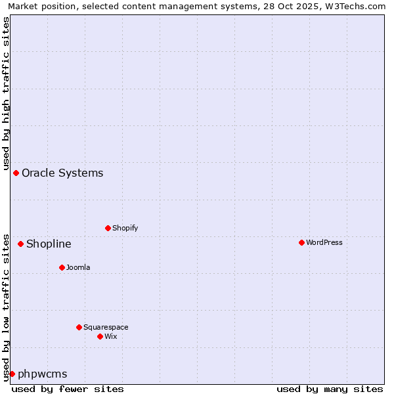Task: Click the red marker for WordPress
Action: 301,242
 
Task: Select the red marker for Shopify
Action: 108,228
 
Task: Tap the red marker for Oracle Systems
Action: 16,173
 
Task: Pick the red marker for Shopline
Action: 20,244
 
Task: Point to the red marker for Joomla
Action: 62,267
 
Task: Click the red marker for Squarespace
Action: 79,327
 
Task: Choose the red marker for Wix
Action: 100,336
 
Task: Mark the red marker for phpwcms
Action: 12,374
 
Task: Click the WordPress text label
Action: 324,242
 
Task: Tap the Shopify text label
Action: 125,228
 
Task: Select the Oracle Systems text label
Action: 62,173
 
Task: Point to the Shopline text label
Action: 49,244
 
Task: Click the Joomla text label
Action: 78,267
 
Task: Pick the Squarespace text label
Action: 106,327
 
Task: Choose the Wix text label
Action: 111,336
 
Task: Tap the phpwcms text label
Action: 43,374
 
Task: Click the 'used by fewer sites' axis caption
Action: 68,389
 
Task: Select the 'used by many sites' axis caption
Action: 330,389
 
